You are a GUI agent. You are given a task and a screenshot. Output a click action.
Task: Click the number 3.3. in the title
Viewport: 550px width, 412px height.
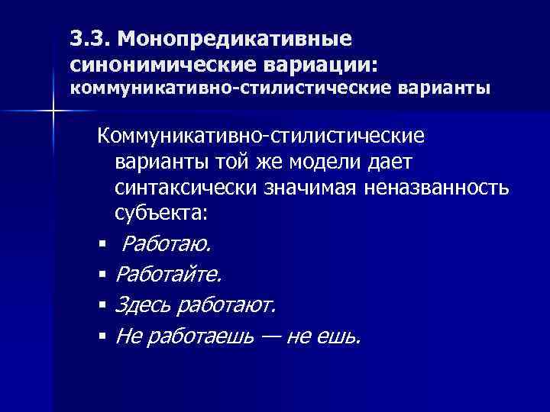(90, 37)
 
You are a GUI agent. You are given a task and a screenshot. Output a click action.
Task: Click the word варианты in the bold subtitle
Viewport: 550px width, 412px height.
(444, 89)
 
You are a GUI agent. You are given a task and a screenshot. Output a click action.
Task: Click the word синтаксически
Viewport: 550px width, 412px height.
(189, 188)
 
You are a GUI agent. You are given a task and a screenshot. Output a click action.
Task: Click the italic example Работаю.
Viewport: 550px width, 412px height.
(169, 245)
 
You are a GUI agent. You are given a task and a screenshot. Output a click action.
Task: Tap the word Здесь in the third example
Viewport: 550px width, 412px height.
(141, 305)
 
